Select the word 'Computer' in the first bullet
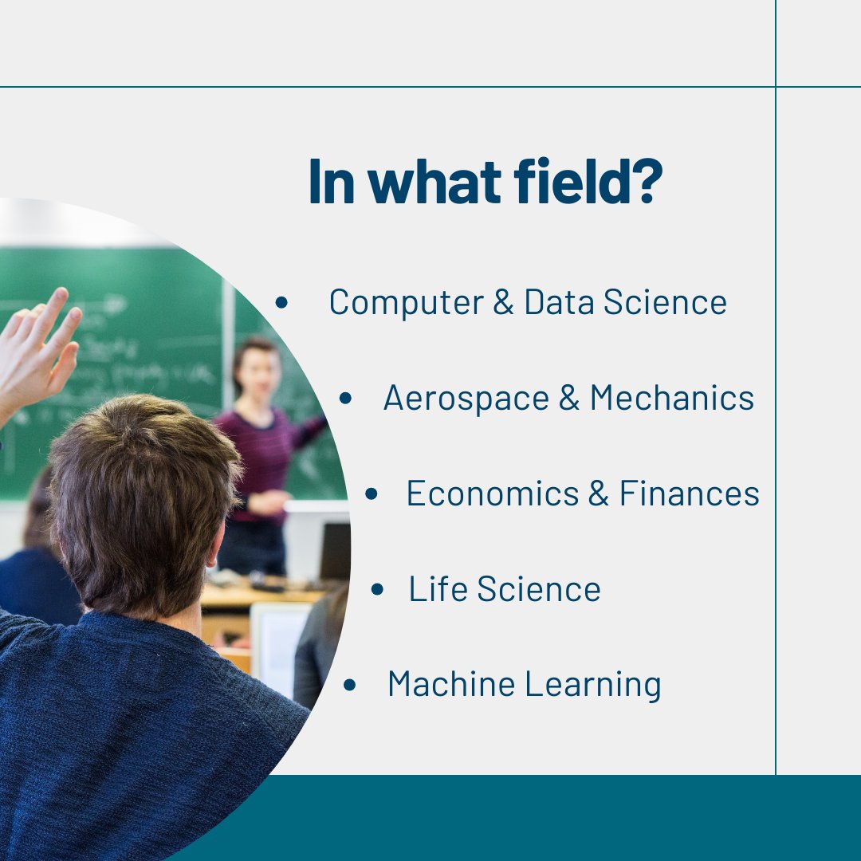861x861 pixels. (x=406, y=303)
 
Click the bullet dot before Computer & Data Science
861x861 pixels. (x=281, y=303)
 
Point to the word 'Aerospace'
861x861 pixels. (x=466, y=399)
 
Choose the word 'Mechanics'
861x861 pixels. (x=671, y=399)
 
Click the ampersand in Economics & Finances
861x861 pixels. (x=598, y=494)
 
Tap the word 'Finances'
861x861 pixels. (x=689, y=494)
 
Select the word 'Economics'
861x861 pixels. (x=491, y=494)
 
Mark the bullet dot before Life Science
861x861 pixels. (x=377, y=590)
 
